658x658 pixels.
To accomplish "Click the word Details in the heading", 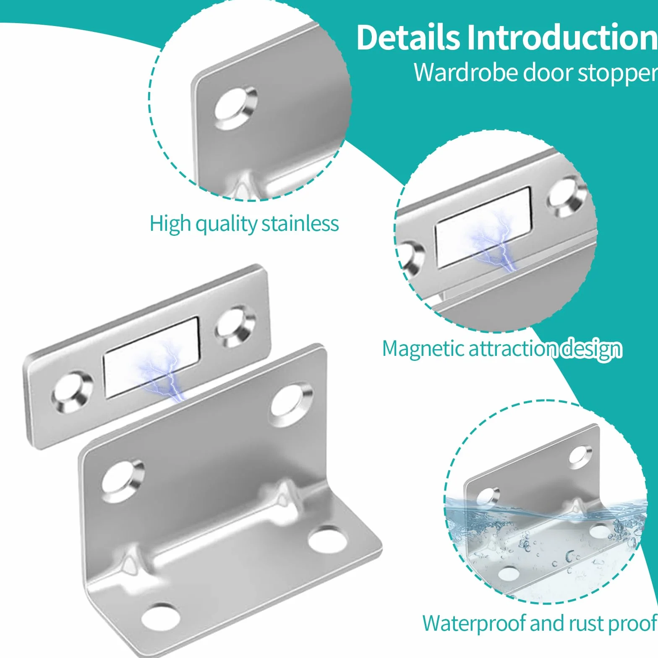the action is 408,38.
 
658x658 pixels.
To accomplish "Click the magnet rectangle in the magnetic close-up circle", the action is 483,227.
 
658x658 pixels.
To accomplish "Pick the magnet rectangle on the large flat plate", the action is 151,357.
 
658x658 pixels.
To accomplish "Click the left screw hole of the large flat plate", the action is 73,392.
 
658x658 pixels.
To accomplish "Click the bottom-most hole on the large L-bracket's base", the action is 161,619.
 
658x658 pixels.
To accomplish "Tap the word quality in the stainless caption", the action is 227,224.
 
